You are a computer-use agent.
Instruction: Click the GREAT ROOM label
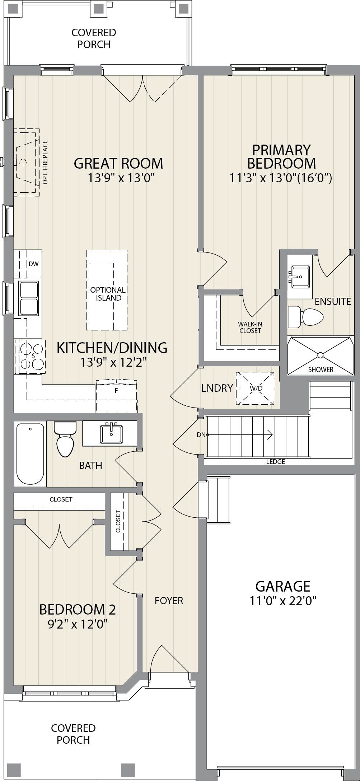pyautogui.click(x=118, y=163)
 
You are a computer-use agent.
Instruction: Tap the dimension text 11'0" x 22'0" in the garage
pyautogui.click(x=283, y=600)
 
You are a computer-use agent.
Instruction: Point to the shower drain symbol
pyautogui.click(x=320, y=355)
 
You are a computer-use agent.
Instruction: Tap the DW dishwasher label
pyautogui.click(x=33, y=264)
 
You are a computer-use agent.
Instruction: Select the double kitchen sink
pyautogui.click(x=28, y=298)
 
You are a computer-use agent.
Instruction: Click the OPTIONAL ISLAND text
pyautogui.click(x=108, y=294)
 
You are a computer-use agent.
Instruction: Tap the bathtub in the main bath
pyautogui.click(x=31, y=454)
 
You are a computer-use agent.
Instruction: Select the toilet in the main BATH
pyautogui.click(x=65, y=439)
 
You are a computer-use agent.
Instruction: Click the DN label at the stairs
pyautogui.click(x=201, y=435)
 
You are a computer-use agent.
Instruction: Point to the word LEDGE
pyautogui.click(x=275, y=462)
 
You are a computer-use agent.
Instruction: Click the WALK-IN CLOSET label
pyautogui.click(x=250, y=327)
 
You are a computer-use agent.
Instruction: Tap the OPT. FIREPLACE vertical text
pyautogui.click(x=45, y=162)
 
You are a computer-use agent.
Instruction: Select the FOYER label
pyautogui.click(x=169, y=601)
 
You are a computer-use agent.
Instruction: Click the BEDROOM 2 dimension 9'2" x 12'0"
pyautogui.click(x=78, y=625)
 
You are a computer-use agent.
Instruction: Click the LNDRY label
pyautogui.click(x=217, y=388)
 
